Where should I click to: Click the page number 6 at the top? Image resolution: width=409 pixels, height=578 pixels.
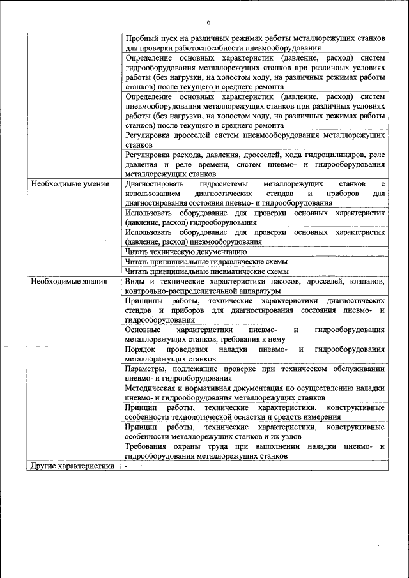[208, 22]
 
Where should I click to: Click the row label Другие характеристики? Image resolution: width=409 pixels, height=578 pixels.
[72, 466]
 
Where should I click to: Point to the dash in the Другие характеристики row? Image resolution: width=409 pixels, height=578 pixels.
[127, 466]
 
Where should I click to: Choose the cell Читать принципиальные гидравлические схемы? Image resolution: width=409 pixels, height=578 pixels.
[206, 261]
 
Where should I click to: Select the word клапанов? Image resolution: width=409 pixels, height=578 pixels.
[365, 281]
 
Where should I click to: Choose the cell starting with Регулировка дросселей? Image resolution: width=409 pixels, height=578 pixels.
[255, 140]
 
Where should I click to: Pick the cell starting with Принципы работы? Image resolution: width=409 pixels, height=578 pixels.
[255, 310]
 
